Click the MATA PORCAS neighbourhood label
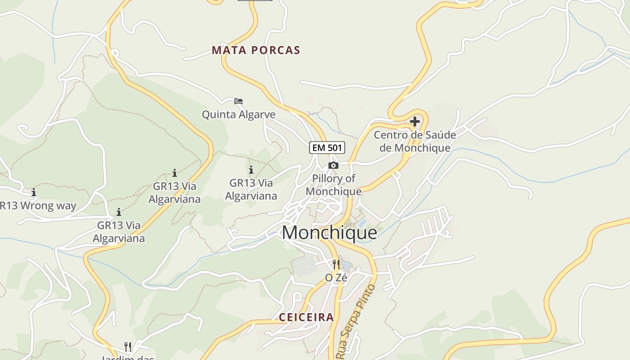[256, 50]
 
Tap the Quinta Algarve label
[238, 114]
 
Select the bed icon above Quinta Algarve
[238, 101]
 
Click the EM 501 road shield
[327, 147]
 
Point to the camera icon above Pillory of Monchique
[333, 165]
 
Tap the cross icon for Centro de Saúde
[415, 121]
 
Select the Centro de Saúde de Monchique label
[414, 141]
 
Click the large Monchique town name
[329, 233]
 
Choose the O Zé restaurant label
[336, 278]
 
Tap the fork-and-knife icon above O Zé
[336, 264]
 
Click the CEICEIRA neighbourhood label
[306, 317]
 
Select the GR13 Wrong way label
[38, 206]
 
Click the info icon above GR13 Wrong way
[33, 193]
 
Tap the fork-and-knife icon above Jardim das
[128, 346]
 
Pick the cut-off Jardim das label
[128, 358]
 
